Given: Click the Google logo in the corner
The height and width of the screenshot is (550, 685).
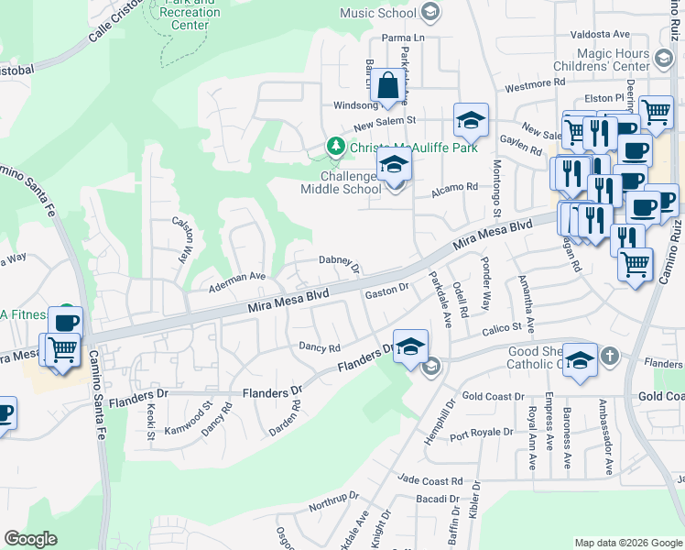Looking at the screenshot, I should (x=30, y=539).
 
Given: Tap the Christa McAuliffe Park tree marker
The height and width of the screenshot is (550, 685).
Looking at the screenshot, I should (x=336, y=147).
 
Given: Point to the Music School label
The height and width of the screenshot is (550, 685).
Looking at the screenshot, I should (x=378, y=13).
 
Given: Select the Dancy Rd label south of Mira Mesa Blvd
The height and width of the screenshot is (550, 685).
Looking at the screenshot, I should (x=320, y=347).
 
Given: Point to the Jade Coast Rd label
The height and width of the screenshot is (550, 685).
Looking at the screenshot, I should (x=430, y=481).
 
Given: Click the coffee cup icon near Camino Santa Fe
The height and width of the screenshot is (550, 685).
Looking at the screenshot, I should (x=65, y=322).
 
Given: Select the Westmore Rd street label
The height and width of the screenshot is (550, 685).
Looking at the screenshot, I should (x=528, y=85).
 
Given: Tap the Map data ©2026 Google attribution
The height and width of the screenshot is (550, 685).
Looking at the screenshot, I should (x=627, y=543).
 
